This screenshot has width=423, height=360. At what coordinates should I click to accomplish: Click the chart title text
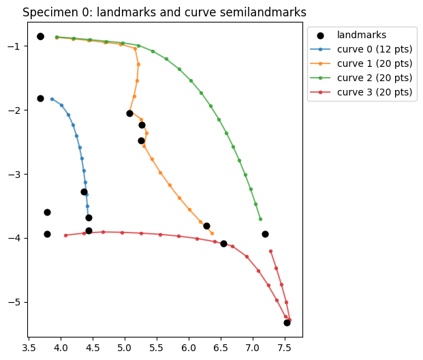pos(164,12)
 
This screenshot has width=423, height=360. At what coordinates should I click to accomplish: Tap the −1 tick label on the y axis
pos(12,46)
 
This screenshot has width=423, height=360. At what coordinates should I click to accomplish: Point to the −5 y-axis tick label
pos(12,302)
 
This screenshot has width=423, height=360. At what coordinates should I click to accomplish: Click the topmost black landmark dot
pos(40,36)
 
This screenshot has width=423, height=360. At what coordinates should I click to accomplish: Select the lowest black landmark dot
pos(287,322)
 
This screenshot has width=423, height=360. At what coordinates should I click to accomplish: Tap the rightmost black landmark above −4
pos(265,234)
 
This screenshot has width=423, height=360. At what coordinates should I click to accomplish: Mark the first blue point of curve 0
pos(52,99)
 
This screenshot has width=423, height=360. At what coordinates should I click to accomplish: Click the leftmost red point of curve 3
pos(65,235)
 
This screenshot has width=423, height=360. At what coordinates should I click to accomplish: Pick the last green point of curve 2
pos(260,219)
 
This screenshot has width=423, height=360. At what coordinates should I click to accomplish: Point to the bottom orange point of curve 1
pos(212,233)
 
